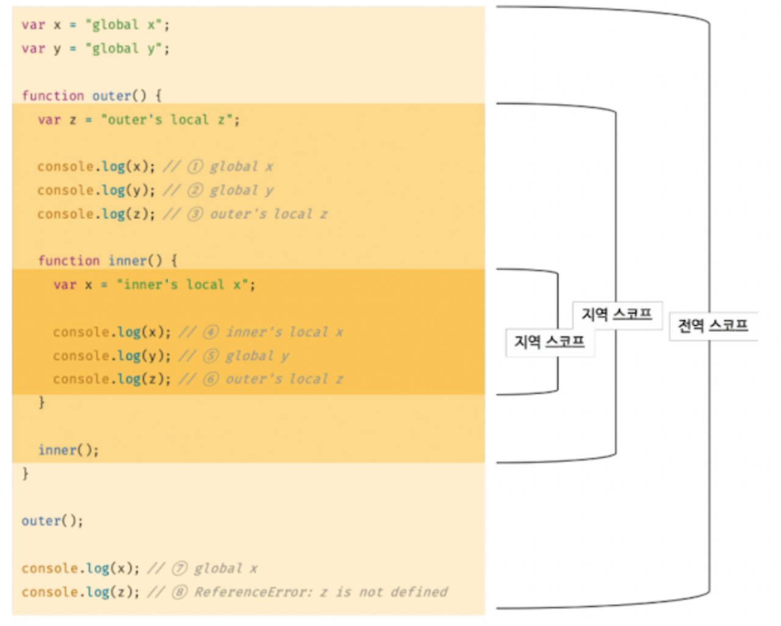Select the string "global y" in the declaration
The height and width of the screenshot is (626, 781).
coord(127,49)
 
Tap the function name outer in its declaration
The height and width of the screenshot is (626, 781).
coord(112,96)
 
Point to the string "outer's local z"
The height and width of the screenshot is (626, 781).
coord(170,120)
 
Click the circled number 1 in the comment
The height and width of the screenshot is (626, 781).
coord(195,167)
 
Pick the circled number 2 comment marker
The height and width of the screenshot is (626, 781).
coord(195,190)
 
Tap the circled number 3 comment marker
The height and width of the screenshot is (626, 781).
coord(195,214)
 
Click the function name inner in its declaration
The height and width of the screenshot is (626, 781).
coord(128,261)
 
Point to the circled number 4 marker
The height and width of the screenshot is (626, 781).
coord(211,332)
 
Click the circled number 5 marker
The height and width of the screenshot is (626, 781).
coord(211,356)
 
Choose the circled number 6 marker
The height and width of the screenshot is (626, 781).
coord(211,379)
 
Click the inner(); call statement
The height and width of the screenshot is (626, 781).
coord(68,450)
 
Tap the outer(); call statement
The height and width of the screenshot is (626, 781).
coord(52,521)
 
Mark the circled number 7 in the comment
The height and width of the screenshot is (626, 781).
coord(179,569)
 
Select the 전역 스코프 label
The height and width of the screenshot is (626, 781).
coord(713,326)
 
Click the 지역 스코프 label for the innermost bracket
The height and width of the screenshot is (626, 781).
coord(549,342)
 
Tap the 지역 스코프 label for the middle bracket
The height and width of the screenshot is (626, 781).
coord(616,315)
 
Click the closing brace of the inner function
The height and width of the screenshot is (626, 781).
coord(41,402)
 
